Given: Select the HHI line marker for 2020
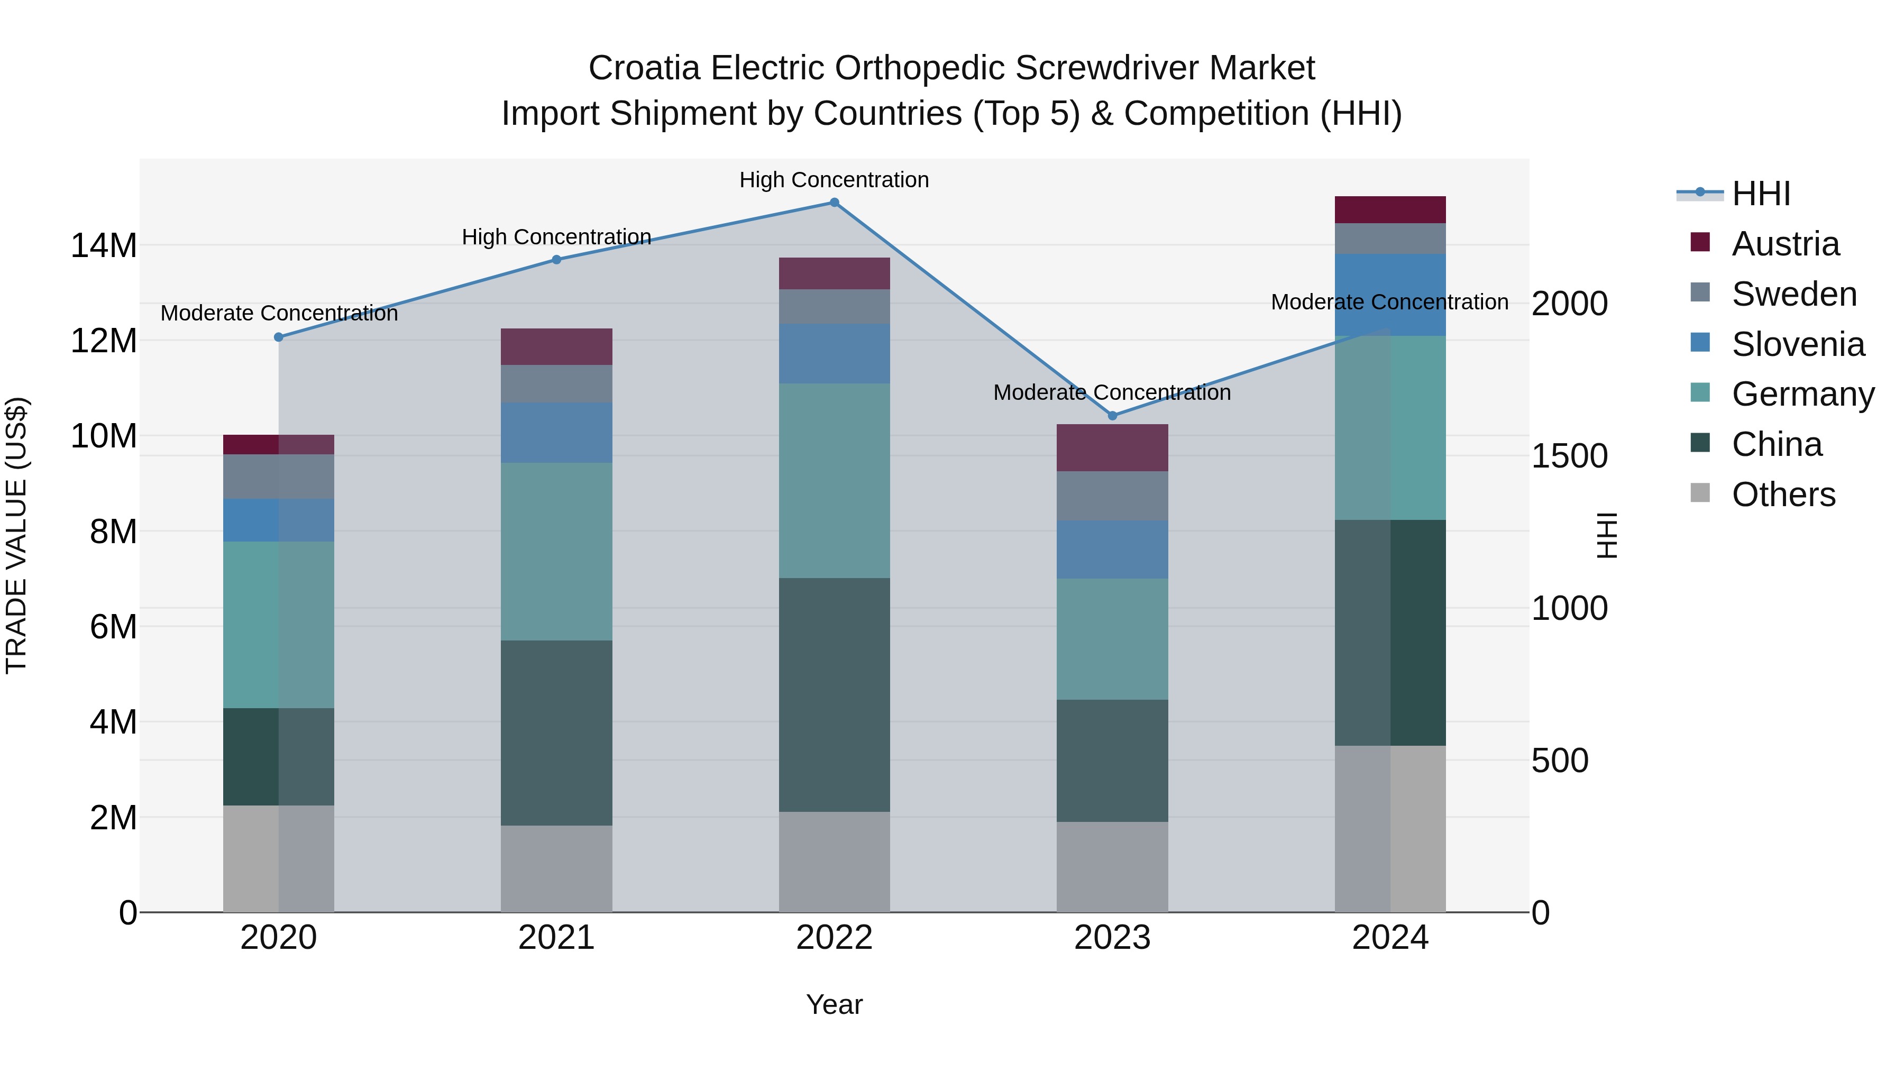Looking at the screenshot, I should coord(279,337).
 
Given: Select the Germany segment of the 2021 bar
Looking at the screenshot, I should coord(556,552).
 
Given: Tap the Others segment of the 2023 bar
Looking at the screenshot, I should coord(1112,866).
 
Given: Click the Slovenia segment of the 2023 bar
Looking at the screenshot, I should coord(1112,549).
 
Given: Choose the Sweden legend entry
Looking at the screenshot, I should coord(1794,294).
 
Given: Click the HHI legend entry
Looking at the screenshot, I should coord(1761,194).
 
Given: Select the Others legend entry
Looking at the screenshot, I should coord(1783,495).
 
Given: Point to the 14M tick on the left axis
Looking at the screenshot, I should coord(104,245).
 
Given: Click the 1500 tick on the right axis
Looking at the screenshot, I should coord(1569,456).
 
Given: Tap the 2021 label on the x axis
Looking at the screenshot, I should coord(556,938).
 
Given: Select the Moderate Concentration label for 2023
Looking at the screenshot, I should coord(1112,392).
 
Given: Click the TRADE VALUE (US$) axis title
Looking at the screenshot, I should coord(16,535).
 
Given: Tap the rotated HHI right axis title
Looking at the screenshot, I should coord(1607,535).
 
